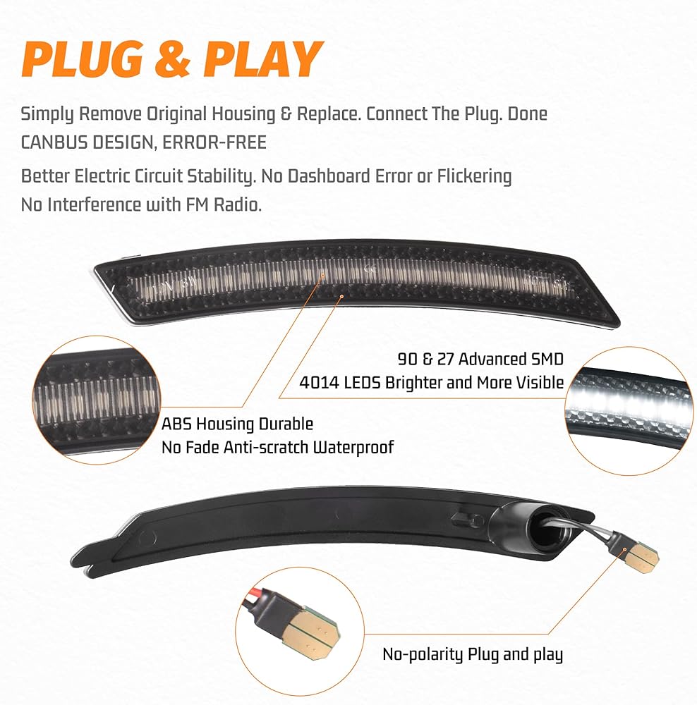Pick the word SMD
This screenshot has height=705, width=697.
(x=544, y=360)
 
